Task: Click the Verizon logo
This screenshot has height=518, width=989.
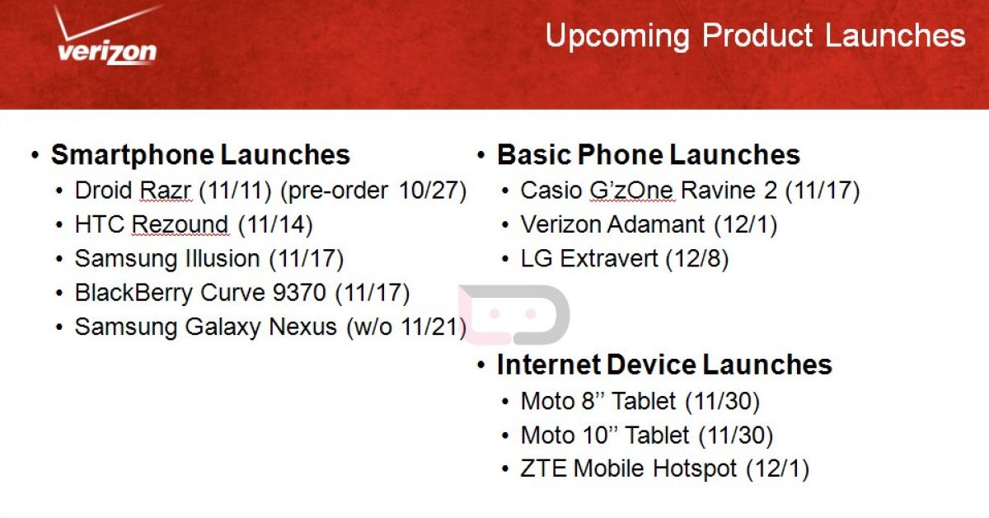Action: [x=106, y=35]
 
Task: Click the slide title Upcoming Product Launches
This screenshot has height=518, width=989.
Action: [x=756, y=35]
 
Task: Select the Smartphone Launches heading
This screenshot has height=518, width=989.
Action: [x=200, y=155]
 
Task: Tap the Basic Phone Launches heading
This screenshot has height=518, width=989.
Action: [x=649, y=155]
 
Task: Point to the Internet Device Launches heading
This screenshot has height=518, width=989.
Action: [x=664, y=365]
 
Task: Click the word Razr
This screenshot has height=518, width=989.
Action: [x=165, y=191]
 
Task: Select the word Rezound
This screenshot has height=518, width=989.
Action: [x=180, y=224]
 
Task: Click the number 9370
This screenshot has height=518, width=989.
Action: [x=299, y=292]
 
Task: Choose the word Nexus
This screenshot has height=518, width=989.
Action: [x=302, y=327]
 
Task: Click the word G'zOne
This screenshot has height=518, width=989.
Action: [x=631, y=191]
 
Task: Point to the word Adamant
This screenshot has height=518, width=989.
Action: [x=656, y=224]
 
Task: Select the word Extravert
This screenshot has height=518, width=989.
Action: [x=609, y=258]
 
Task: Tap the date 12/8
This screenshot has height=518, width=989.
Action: [x=696, y=258]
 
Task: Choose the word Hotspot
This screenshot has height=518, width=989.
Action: [x=695, y=469]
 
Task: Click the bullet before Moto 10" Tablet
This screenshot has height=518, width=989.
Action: [x=505, y=436]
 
